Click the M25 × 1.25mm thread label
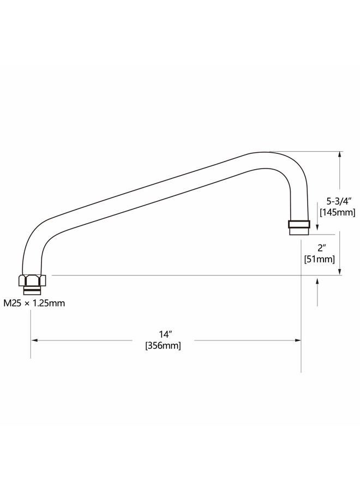[x=34, y=303]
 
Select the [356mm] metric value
[x=163, y=345]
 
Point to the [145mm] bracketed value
[x=338, y=212]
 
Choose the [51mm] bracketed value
[x=319, y=259]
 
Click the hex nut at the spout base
[x=32, y=280]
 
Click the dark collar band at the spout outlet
[x=299, y=224]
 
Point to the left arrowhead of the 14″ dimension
[x=34, y=340]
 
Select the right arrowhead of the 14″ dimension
[x=297, y=340]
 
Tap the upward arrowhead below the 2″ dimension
[x=317, y=281]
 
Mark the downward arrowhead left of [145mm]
[x=317, y=228]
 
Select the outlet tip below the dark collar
[x=299, y=231]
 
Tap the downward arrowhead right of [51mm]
[x=340, y=272]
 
